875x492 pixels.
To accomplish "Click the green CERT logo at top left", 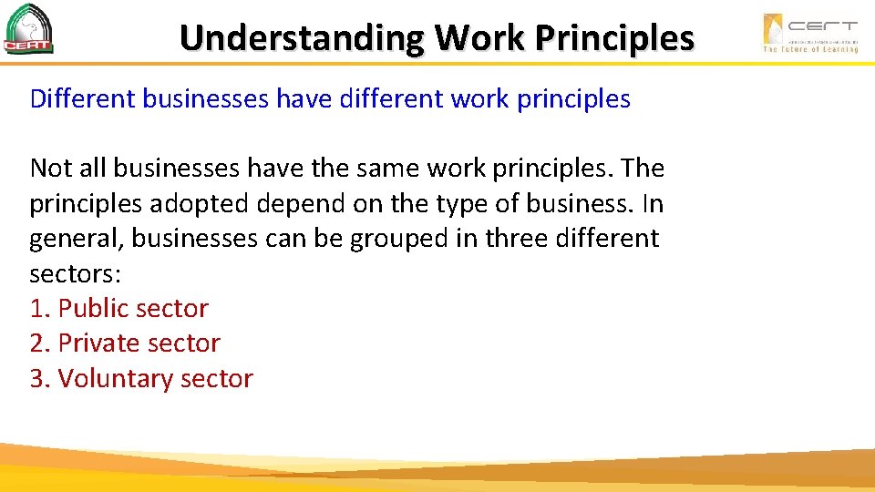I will (28, 29).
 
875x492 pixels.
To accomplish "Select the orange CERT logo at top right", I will (809, 32).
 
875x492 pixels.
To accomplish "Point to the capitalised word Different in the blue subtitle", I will (83, 98).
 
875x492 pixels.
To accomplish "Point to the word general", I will (77, 239).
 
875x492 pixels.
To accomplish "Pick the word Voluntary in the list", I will (115, 378).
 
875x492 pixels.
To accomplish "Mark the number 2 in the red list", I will (37, 343).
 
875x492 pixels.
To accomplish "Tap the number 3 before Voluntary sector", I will (37, 378).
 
